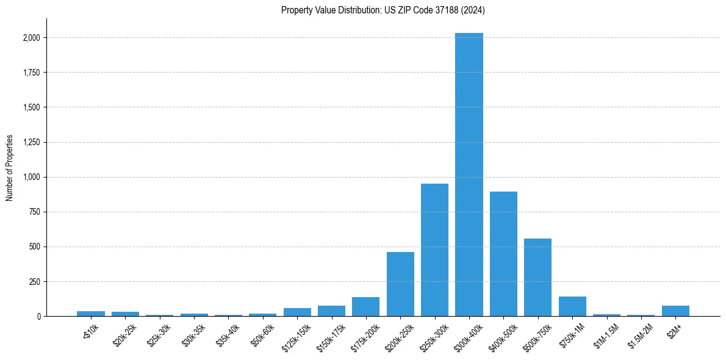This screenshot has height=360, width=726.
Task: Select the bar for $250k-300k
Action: [x=434, y=250]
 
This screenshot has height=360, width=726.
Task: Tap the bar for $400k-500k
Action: [x=503, y=254]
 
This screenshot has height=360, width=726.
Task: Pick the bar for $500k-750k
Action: [x=537, y=277]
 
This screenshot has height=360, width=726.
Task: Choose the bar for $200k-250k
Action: [x=400, y=284]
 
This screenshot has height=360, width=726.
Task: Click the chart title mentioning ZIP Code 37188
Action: [x=383, y=10]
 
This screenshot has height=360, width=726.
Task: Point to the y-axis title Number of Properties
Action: [x=10, y=168]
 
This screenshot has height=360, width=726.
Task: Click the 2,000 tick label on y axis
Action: [x=32, y=38]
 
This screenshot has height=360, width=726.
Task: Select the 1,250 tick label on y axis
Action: [x=32, y=142]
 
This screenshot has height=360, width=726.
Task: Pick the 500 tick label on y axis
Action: [x=35, y=247]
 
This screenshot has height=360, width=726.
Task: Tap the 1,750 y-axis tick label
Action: [x=32, y=73]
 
